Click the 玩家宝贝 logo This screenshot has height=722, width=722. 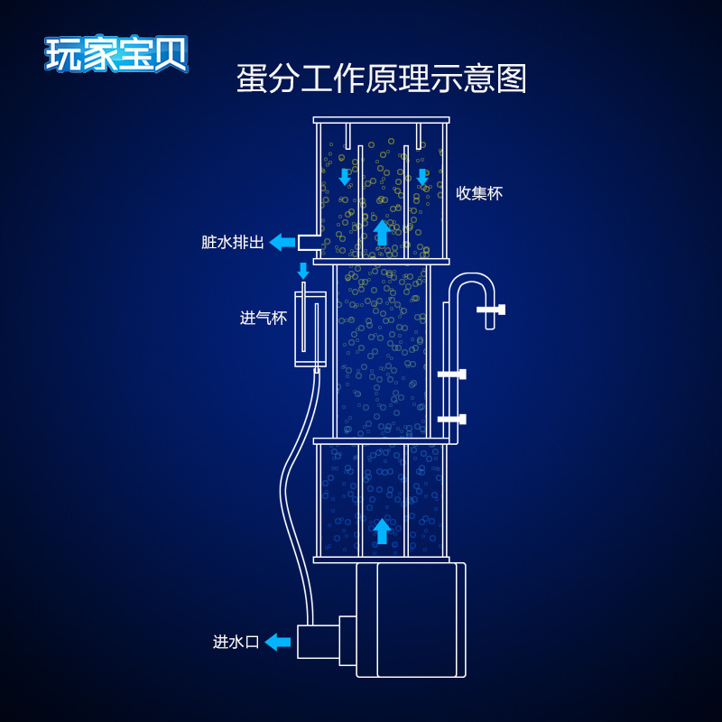116,53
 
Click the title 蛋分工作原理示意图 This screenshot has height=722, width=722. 381,79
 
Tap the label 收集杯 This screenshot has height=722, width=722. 478,192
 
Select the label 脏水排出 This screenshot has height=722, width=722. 233,242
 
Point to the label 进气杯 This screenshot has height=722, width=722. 264,318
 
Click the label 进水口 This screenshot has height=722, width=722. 236,642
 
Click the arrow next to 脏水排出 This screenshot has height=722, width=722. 282,242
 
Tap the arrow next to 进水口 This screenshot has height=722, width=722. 278,642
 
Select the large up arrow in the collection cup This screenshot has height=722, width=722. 382,232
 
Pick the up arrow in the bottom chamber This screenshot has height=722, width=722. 382,530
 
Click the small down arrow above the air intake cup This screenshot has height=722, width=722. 303,271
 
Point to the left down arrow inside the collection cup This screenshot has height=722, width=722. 344,176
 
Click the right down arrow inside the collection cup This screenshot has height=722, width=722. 422,176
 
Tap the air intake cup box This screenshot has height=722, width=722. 310,329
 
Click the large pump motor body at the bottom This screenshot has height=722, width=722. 411,619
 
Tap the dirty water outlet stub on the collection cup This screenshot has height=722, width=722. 309,242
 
